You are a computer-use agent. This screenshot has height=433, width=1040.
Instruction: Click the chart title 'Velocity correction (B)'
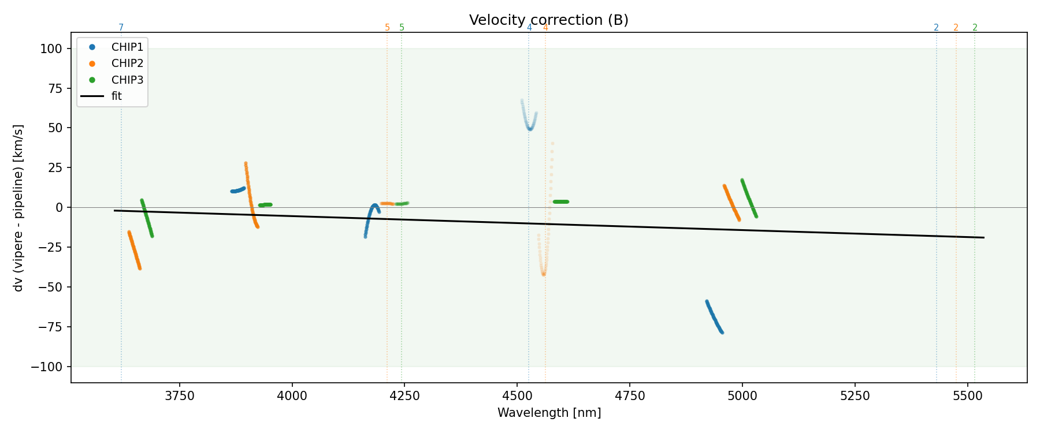[548, 20]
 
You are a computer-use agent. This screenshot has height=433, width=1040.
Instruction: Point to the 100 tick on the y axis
[51, 49]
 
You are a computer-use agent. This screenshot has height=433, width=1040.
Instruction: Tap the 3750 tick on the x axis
[180, 396]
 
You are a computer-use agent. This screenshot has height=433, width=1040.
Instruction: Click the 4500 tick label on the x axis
[517, 396]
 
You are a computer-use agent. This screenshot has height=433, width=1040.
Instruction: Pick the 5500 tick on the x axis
[967, 396]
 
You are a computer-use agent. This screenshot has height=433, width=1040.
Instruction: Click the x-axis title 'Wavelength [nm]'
[549, 413]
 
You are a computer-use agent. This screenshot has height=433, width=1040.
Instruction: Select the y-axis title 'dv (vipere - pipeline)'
[18, 208]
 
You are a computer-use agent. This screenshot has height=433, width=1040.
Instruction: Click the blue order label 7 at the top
[121, 28]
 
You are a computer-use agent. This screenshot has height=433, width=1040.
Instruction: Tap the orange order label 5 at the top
[387, 28]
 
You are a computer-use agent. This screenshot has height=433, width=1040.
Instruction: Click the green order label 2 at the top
[975, 28]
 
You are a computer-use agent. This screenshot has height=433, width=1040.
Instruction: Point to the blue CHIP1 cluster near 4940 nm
[714, 317]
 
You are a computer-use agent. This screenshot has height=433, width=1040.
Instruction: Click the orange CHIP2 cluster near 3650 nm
[134, 250]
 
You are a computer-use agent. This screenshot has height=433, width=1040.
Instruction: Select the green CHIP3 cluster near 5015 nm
[749, 198]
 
